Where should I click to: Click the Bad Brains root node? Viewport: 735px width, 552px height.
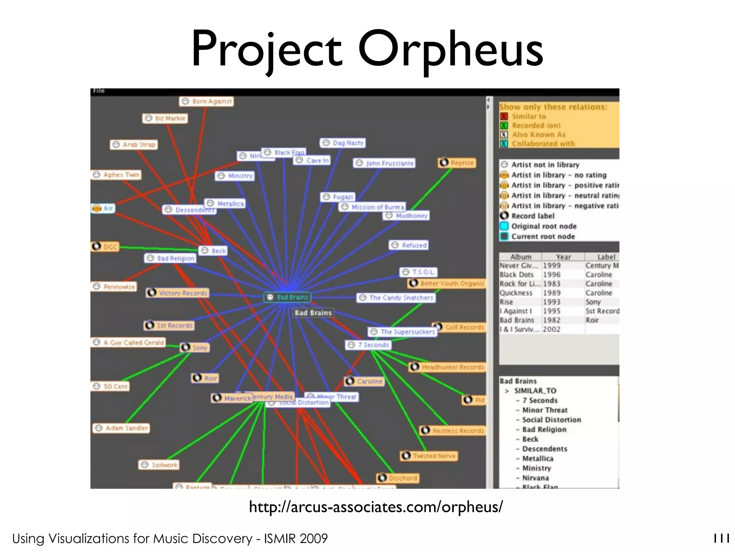coord(287,297)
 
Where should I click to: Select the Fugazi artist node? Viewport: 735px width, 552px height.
coord(338,197)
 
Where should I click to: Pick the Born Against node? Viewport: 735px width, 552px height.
coord(206,101)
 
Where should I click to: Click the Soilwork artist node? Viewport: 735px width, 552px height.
coord(159,465)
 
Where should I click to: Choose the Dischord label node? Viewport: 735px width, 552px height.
coord(398,478)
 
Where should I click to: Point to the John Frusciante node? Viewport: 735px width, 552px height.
coord(384,163)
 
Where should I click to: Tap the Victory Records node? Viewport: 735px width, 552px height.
coord(178,293)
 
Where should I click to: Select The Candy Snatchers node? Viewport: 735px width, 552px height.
coord(396,298)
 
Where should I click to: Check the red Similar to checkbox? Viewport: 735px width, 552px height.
coord(504,116)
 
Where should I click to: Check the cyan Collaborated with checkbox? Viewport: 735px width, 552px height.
coord(504,144)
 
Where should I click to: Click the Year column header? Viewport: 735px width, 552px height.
coord(563,257)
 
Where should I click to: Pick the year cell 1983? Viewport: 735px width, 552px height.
coord(552,284)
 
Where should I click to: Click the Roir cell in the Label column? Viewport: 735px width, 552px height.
coord(592,320)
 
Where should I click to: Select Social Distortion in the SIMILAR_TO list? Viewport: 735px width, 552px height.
coord(551,420)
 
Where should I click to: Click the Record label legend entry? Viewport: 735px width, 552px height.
coord(533,216)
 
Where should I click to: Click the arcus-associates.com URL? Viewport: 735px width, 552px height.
coord(376,507)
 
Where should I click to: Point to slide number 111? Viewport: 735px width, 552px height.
coord(721,538)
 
